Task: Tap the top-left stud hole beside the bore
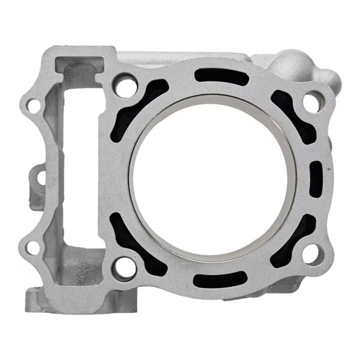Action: [x=122, y=87]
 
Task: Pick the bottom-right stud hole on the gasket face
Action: [x=310, y=253]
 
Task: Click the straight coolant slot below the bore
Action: [x=214, y=277]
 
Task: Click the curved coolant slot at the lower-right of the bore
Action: [x=287, y=241]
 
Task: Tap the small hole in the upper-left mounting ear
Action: [x=31, y=105]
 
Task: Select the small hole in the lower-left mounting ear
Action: [x=31, y=247]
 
